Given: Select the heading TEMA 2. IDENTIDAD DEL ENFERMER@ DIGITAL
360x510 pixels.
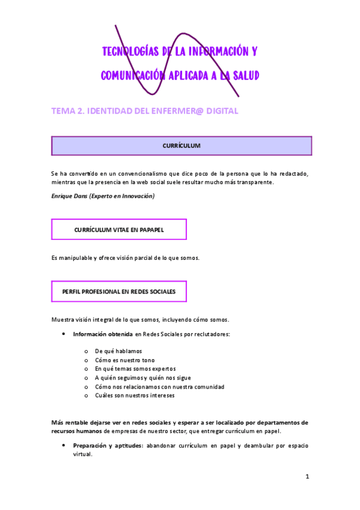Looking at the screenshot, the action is [145, 111].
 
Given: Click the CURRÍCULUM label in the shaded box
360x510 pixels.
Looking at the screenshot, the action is [182, 146].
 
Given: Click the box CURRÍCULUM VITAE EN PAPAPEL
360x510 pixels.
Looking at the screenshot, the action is [119, 230].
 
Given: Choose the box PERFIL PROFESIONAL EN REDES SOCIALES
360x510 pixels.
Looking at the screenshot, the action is [119, 292].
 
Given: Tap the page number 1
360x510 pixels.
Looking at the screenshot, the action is [307, 476].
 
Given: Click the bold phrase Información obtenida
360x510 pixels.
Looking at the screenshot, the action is [99, 334].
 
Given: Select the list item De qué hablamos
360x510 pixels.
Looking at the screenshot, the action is [118, 351].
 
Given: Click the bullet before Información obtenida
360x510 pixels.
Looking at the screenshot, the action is [63, 334].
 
